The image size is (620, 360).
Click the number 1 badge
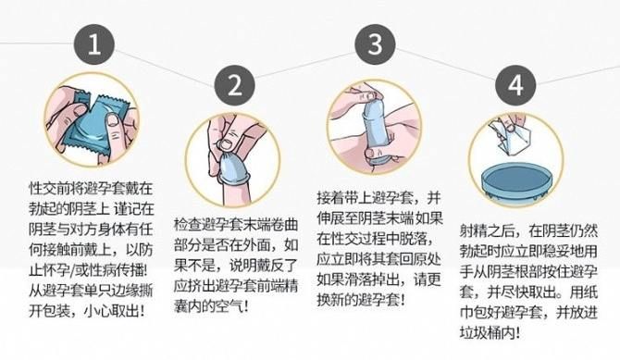pos(94,43)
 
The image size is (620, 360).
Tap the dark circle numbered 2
pos(234,85)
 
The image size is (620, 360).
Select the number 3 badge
pos(375,43)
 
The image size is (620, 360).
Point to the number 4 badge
pos(515,85)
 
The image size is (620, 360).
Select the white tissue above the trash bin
pos(509,134)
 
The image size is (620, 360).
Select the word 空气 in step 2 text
pos(229,306)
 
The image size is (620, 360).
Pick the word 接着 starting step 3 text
pos(330,197)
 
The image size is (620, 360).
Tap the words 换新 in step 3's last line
pos(330,300)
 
